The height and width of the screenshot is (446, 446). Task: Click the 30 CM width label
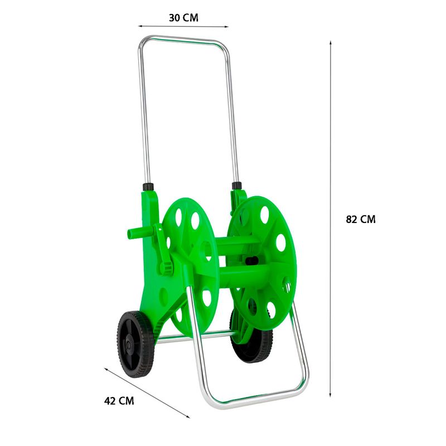[183, 18]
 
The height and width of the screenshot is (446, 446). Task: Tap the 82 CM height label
[361, 219]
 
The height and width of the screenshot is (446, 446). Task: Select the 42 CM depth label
[119, 401]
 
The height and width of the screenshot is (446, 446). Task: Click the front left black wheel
[135, 344]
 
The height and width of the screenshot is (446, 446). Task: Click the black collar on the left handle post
[148, 187]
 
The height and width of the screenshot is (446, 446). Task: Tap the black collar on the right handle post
[236, 186]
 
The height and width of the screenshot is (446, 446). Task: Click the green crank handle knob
[166, 268]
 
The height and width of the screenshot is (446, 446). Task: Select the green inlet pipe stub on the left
[138, 233]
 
